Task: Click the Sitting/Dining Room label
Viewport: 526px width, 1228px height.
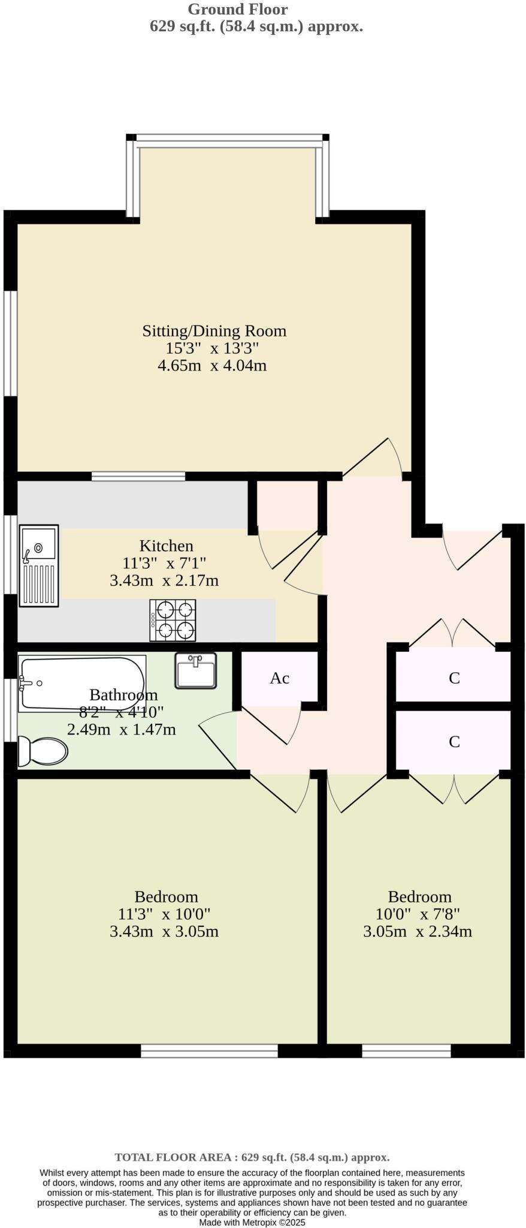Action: pyautogui.click(x=214, y=331)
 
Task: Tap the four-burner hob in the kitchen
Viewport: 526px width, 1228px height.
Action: pyautogui.click(x=173, y=620)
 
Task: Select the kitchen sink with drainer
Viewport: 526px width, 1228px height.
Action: pyautogui.click(x=39, y=565)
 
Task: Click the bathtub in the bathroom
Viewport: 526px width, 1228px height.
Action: pyautogui.click(x=81, y=683)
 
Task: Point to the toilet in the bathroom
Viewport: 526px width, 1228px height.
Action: pyautogui.click(x=42, y=751)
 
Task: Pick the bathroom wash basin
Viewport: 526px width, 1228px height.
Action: pyautogui.click(x=195, y=670)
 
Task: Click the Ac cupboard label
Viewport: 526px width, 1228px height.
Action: pyautogui.click(x=279, y=678)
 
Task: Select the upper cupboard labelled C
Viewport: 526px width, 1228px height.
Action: pyautogui.click(x=454, y=678)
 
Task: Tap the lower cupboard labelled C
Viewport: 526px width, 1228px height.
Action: pyautogui.click(x=454, y=742)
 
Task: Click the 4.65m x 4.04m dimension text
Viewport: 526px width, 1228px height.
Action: pyautogui.click(x=212, y=365)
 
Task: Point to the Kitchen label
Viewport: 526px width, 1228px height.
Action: pyautogui.click(x=166, y=546)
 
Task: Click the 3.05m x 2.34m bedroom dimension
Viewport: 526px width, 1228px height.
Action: pyautogui.click(x=418, y=931)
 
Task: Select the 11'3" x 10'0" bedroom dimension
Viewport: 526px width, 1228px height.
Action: pyautogui.click(x=164, y=914)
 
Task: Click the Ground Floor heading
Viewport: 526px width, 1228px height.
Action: pyautogui.click(x=238, y=9)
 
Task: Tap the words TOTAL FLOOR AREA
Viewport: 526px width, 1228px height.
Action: pyautogui.click(x=173, y=1157)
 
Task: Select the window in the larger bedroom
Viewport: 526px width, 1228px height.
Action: pyautogui.click(x=209, y=1051)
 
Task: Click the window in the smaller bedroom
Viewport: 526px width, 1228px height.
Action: pyautogui.click(x=406, y=1051)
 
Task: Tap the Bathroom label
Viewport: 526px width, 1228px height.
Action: pyautogui.click(x=123, y=695)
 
